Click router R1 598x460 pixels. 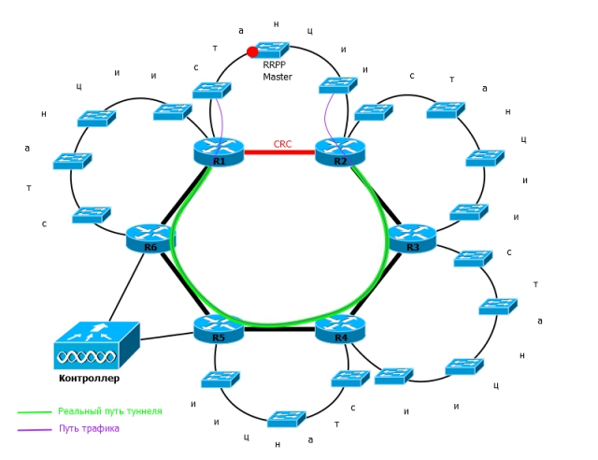click(x=219, y=152)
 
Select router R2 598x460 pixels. click(x=340, y=152)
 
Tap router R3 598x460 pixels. click(x=412, y=238)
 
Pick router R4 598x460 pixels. click(x=340, y=329)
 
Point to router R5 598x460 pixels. click(x=219, y=329)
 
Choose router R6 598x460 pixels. click(x=150, y=238)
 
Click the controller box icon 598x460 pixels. click(x=97, y=346)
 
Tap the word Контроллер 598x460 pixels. click(x=90, y=379)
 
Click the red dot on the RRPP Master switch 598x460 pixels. click(x=252, y=52)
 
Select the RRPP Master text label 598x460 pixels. click(x=278, y=71)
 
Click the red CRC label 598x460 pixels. click(x=282, y=144)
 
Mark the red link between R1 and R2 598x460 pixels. click(x=279, y=152)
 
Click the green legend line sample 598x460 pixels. click(x=35, y=412)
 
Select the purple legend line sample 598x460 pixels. click(x=35, y=430)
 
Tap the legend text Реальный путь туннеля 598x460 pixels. click(x=110, y=411)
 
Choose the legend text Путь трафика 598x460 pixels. click(x=90, y=428)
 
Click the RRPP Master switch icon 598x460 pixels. click(x=272, y=50)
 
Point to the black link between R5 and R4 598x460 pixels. click(x=279, y=329)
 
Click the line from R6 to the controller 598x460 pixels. click(x=127, y=287)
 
